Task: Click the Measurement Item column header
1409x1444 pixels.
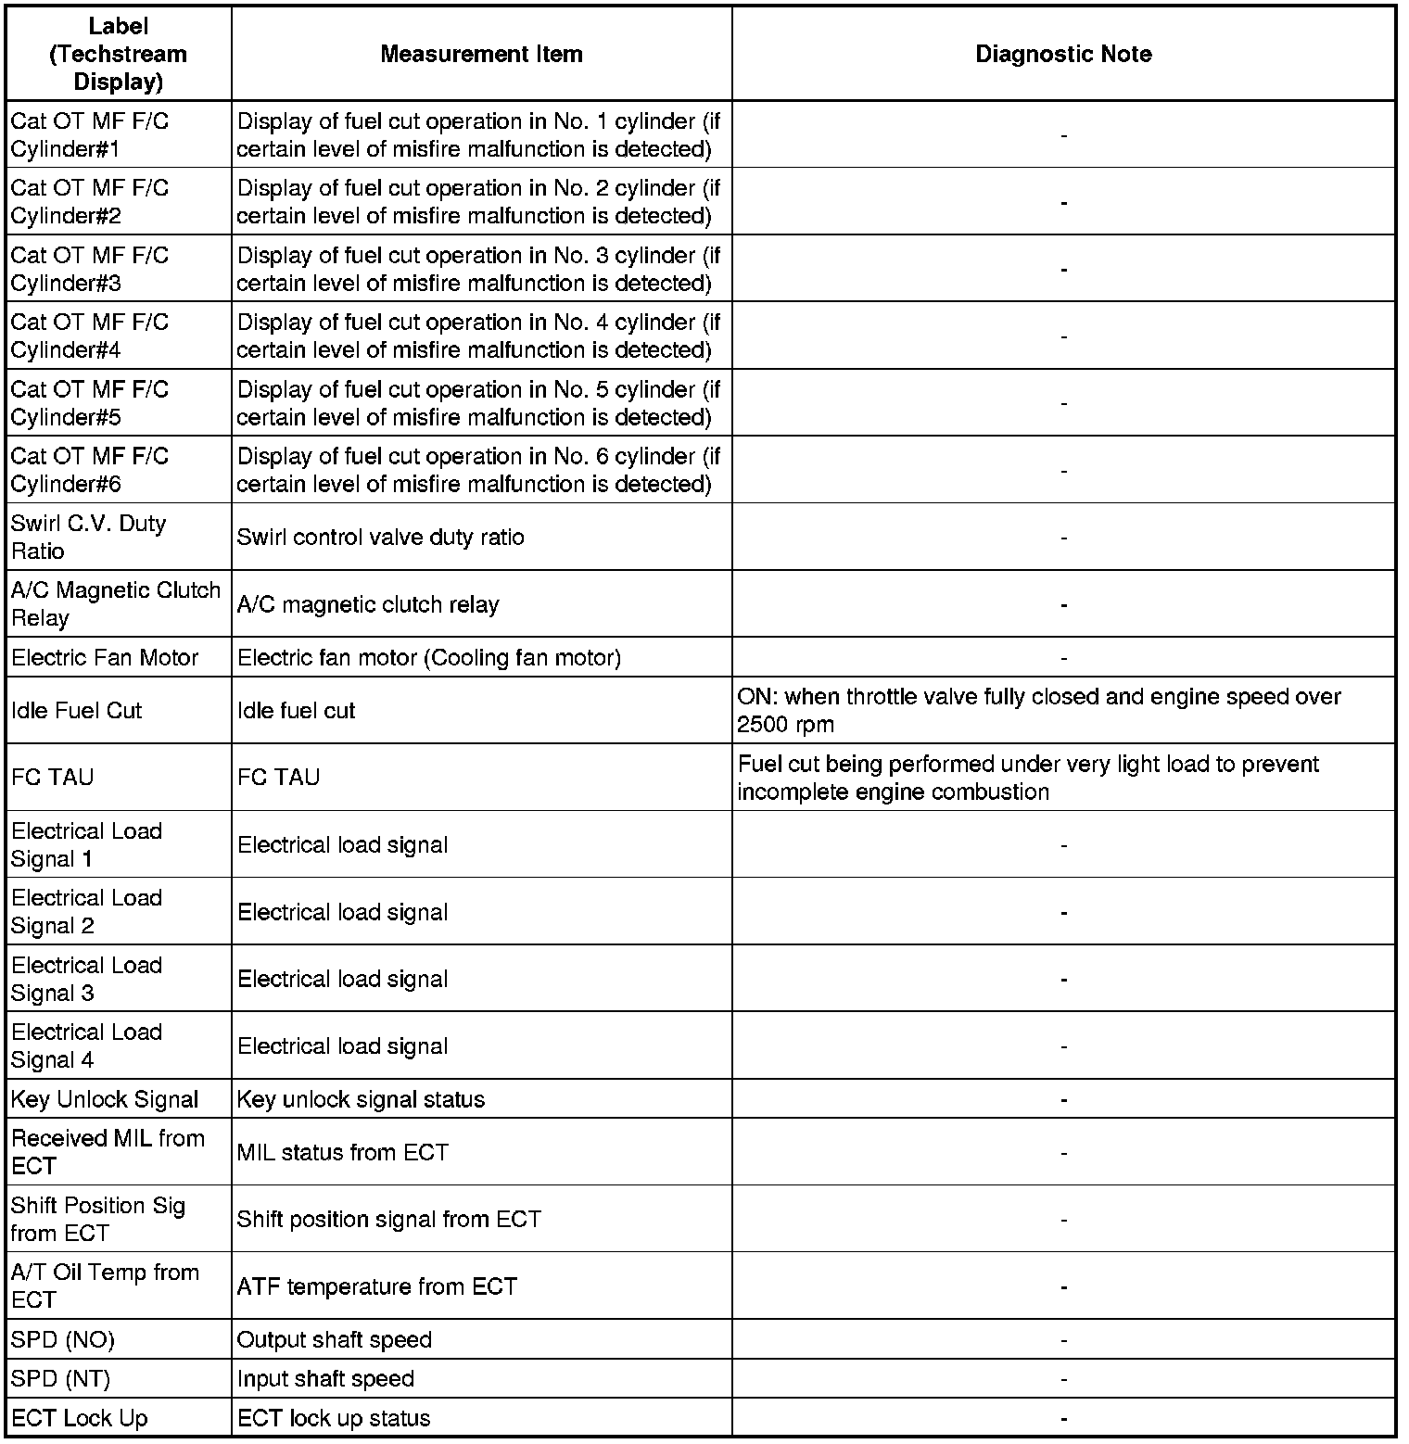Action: tap(481, 54)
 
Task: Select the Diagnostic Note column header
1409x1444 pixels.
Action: tap(1063, 54)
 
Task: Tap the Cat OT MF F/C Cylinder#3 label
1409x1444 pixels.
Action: tap(90, 269)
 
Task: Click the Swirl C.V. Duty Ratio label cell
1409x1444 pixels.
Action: tap(89, 538)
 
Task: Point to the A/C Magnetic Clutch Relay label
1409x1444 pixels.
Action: tap(116, 604)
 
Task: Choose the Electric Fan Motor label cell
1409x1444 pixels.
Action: tap(105, 658)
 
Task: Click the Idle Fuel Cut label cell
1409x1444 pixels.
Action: tap(77, 711)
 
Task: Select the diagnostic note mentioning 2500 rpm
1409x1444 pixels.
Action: tap(1038, 711)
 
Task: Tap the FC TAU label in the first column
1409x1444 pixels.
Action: tap(53, 778)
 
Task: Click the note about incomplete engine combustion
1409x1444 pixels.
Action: tap(1028, 778)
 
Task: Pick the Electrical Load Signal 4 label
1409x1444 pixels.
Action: tap(87, 1046)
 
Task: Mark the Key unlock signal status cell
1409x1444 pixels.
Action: tap(361, 1100)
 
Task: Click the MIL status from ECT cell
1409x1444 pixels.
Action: tap(342, 1153)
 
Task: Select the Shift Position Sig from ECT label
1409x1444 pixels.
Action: tap(98, 1220)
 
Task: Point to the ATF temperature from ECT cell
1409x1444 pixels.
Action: tap(376, 1286)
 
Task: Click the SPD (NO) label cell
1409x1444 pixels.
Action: tap(63, 1340)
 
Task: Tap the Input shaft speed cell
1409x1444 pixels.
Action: tap(325, 1379)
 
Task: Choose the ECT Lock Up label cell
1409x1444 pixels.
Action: tap(80, 1419)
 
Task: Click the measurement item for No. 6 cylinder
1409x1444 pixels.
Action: tap(478, 470)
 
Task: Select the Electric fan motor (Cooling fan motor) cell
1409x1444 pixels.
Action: tap(429, 658)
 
